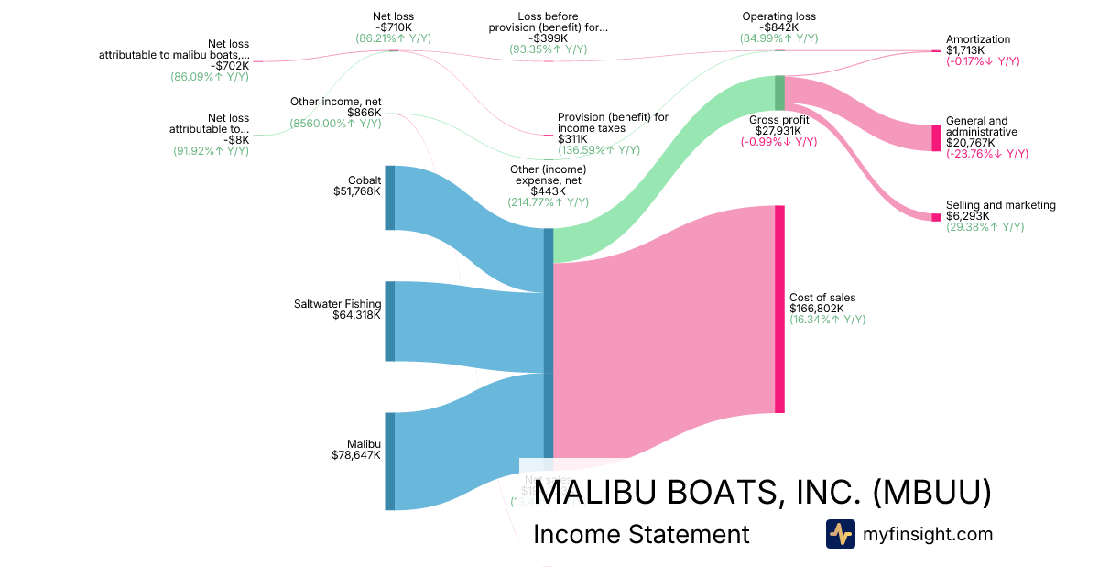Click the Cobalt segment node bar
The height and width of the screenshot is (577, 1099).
pos(389,198)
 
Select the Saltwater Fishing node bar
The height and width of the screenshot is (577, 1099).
pos(389,321)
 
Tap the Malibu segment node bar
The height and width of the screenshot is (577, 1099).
pos(389,461)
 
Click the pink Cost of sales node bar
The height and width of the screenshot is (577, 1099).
pos(779,309)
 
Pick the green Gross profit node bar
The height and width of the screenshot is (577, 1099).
pos(779,93)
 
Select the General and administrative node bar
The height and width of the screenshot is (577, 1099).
pos(936,138)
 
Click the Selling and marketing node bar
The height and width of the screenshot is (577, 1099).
pos(936,217)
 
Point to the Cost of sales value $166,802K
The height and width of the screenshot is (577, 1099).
pos(822,309)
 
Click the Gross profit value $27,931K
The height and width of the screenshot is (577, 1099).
pos(778,131)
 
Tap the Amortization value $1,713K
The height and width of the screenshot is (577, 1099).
pos(965,50)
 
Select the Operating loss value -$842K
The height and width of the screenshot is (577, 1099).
pos(778,27)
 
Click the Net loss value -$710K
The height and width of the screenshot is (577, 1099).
pos(393,27)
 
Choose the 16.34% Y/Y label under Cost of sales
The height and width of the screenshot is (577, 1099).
pos(827,320)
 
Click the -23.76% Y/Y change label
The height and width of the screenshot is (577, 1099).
pos(986,154)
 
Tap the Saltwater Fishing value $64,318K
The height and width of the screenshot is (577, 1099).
pos(356,315)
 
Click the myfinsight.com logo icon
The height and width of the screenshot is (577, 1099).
pos(840,534)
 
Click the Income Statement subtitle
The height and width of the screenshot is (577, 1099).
pos(640,534)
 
